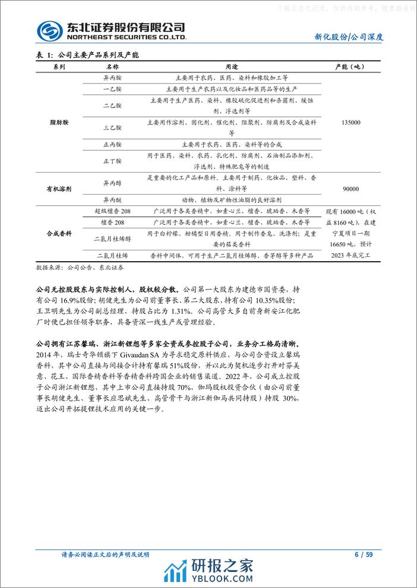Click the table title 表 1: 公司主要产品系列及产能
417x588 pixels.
(88, 55)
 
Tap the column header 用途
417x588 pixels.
(232, 67)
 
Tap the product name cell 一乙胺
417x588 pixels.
(112, 88)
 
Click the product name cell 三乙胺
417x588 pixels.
(112, 128)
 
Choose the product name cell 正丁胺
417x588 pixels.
(112, 161)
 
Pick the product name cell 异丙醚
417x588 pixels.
(112, 200)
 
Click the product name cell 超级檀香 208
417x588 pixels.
(112, 211)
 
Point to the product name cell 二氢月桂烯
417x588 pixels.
(112, 255)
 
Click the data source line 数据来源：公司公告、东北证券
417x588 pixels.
(80, 268)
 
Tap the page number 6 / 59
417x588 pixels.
(363, 555)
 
